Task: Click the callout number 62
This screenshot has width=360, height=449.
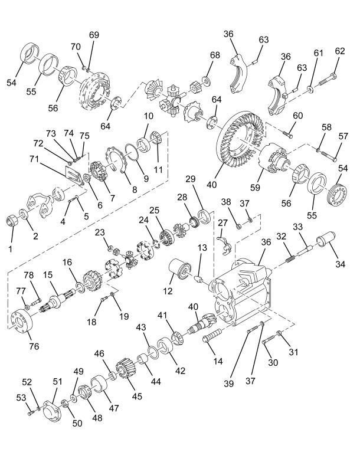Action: pos(340,51)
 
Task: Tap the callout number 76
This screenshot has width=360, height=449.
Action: pos(34,346)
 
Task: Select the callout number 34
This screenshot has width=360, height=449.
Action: pos(340,264)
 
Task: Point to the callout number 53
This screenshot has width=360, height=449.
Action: pos(21,398)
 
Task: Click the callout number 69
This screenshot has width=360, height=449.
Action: pos(94,35)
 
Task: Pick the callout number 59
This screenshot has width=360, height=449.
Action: pos(255,187)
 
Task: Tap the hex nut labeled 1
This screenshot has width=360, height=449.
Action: pos(12,221)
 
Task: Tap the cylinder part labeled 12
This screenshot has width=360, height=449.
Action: pos(179,268)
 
